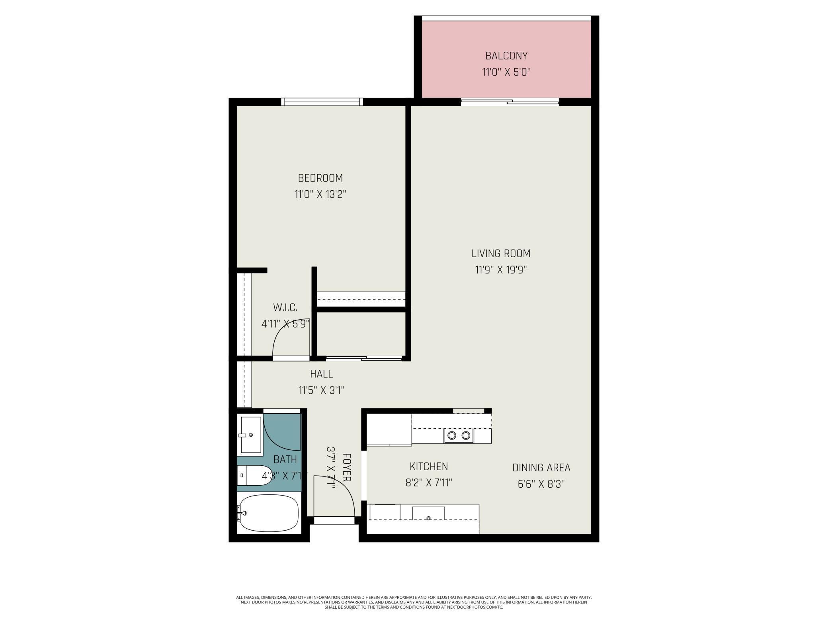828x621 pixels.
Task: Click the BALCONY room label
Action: [x=506, y=56]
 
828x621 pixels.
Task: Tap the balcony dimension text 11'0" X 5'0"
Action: [x=506, y=72]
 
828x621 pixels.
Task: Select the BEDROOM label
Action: [x=320, y=178]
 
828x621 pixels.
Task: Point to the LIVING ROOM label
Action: [x=501, y=254]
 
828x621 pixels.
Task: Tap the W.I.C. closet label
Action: [x=285, y=308]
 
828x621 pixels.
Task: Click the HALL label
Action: [x=321, y=374]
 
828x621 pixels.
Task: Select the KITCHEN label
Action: [x=429, y=467]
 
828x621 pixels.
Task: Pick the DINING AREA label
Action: [x=541, y=468]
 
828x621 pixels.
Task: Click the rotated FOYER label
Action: [x=347, y=467]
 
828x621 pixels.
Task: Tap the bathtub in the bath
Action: [x=268, y=513]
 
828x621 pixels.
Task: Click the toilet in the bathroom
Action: [x=255, y=475]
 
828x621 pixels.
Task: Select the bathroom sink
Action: [x=250, y=435]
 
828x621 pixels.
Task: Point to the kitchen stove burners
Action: [x=459, y=435]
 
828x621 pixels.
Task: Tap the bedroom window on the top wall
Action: [x=322, y=102]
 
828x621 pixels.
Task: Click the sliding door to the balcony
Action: [x=510, y=102]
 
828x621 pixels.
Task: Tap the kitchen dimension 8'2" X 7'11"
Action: [x=429, y=483]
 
